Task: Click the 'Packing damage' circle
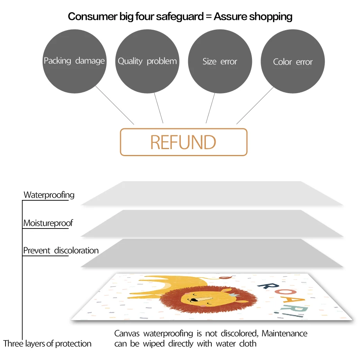(74, 61)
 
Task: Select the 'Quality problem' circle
(147, 61)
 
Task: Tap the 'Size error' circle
(220, 61)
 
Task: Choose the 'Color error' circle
(293, 61)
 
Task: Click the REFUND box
(184, 142)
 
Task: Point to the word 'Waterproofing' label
(49, 194)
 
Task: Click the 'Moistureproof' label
(48, 223)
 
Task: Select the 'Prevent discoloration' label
(61, 250)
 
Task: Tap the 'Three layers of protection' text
(47, 344)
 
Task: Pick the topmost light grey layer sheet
(211, 193)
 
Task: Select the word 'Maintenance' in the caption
(284, 333)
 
